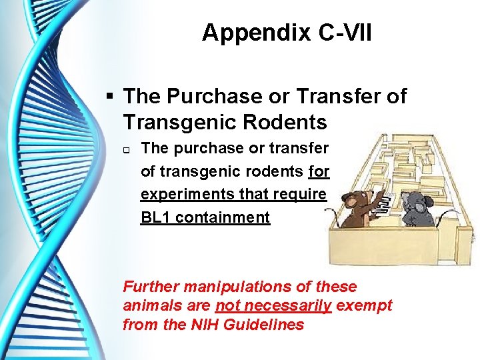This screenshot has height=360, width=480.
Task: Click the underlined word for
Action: [x=319, y=171]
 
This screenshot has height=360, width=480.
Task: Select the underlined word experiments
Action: [x=183, y=194]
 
